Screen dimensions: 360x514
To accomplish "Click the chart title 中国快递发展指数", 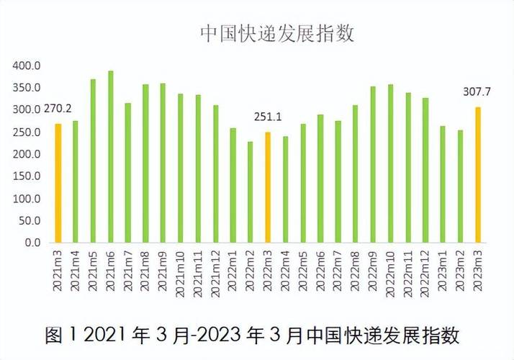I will pyautogui.click(x=277, y=35).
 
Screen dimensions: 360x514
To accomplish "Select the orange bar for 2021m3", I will pyautogui.click(x=58, y=183).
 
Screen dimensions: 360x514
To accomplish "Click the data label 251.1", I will pyautogui.click(x=267, y=117).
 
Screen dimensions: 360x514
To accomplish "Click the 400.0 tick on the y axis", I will pyautogui.click(x=28, y=66).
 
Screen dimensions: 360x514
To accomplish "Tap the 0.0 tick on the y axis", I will pyautogui.click(x=34, y=243).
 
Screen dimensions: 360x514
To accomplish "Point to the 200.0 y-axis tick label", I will pyautogui.click(x=28, y=154).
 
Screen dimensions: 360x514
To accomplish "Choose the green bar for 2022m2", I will pyautogui.click(x=251, y=192).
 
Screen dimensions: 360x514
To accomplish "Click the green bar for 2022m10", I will pyautogui.click(x=390, y=163).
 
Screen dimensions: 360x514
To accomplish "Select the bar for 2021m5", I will pyautogui.click(x=94, y=161).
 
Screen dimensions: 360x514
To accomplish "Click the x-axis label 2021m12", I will pyautogui.click(x=215, y=271).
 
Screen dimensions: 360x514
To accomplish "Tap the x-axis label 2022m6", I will pyautogui.click(x=320, y=271).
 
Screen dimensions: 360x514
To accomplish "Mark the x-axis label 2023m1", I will pyautogui.click(x=443, y=271).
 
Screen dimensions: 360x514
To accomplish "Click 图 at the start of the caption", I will pyautogui.click(x=54, y=335).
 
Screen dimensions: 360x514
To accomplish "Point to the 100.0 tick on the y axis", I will pyautogui.click(x=28, y=199).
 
